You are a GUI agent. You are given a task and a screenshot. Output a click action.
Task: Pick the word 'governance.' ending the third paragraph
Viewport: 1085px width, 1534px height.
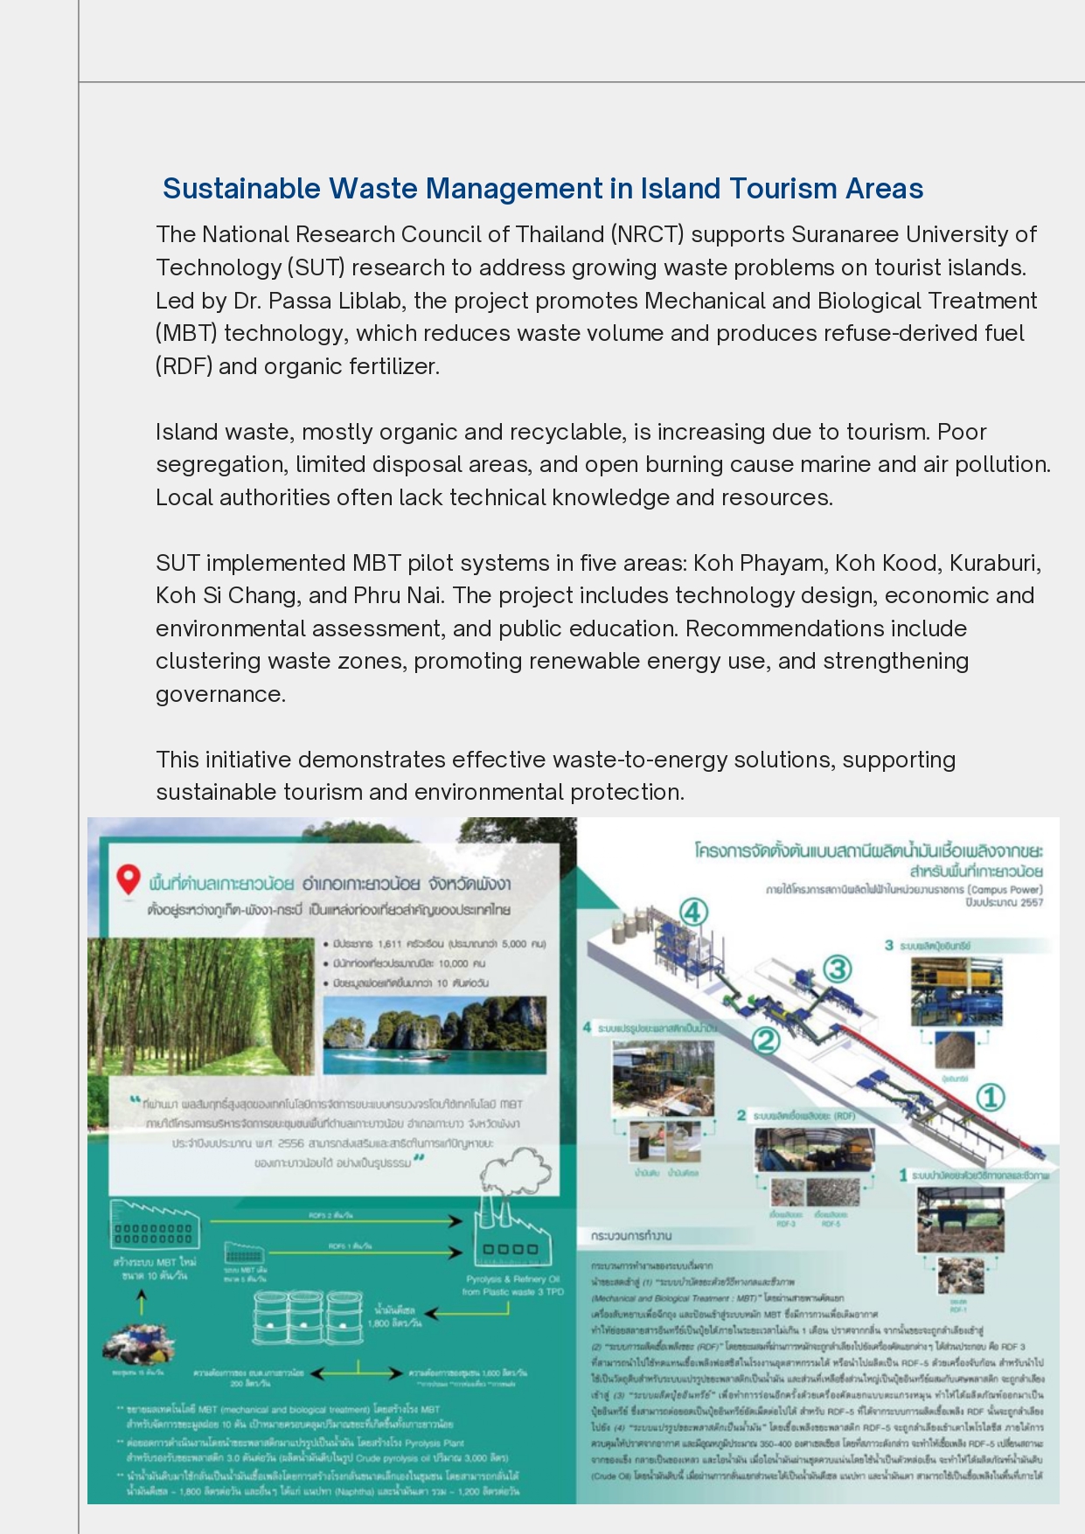point(220,694)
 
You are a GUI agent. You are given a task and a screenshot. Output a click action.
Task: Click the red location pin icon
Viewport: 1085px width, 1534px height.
point(129,879)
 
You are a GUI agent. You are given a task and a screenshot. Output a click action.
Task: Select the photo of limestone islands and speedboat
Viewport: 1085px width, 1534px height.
point(435,1034)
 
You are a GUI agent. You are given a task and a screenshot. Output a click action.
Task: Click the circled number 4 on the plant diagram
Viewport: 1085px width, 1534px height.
point(692,913)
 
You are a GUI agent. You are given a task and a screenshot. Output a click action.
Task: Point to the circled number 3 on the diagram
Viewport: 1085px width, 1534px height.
point(838,968)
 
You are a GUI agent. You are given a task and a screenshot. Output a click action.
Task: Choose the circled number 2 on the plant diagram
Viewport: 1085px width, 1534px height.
point(765,1040)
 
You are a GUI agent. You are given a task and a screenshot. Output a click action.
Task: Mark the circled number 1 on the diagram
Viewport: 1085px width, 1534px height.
point(990,1097)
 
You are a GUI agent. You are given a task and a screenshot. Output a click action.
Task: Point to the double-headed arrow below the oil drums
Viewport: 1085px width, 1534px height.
point(358,1373)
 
